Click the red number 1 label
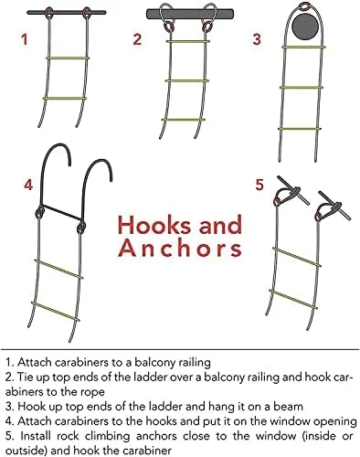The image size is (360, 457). [x=25, y=39]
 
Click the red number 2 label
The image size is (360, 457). [x=137, y=39]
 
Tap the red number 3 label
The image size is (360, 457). [x=257, y=39]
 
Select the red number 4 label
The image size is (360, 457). [x=28, y=185]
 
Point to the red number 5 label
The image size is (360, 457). [x=259, y=185]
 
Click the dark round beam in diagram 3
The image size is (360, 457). [x=307, y=26]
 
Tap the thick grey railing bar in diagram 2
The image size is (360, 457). [x=190, y=14]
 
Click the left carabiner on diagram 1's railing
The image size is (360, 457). [x=49, y=13]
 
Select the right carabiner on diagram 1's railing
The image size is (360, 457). [x=87, y=13]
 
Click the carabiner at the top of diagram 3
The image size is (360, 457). [x=305, y=6]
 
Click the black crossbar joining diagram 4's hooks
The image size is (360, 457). [x=61, y=212]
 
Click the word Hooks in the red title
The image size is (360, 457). [x=155, y=225]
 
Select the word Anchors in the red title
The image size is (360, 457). [x=180, y=249]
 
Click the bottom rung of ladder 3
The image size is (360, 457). [x=300, y=129]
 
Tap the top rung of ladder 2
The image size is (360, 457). [x=188, y=41]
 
